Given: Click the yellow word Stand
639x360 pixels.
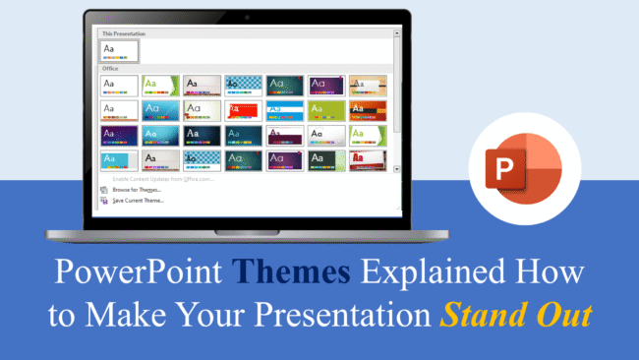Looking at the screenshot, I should (x=481, y=318).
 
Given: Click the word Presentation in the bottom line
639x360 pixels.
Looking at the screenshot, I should (x=342, y=318).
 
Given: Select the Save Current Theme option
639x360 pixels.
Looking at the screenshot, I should (x=137, y=200).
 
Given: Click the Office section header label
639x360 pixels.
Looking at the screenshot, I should (x=110, y=69).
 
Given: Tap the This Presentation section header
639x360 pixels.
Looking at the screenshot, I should (x=122, y=33).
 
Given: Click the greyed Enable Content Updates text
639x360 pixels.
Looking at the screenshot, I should (x=163, y=178).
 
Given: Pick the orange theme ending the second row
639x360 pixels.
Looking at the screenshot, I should (x=367, y=109).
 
